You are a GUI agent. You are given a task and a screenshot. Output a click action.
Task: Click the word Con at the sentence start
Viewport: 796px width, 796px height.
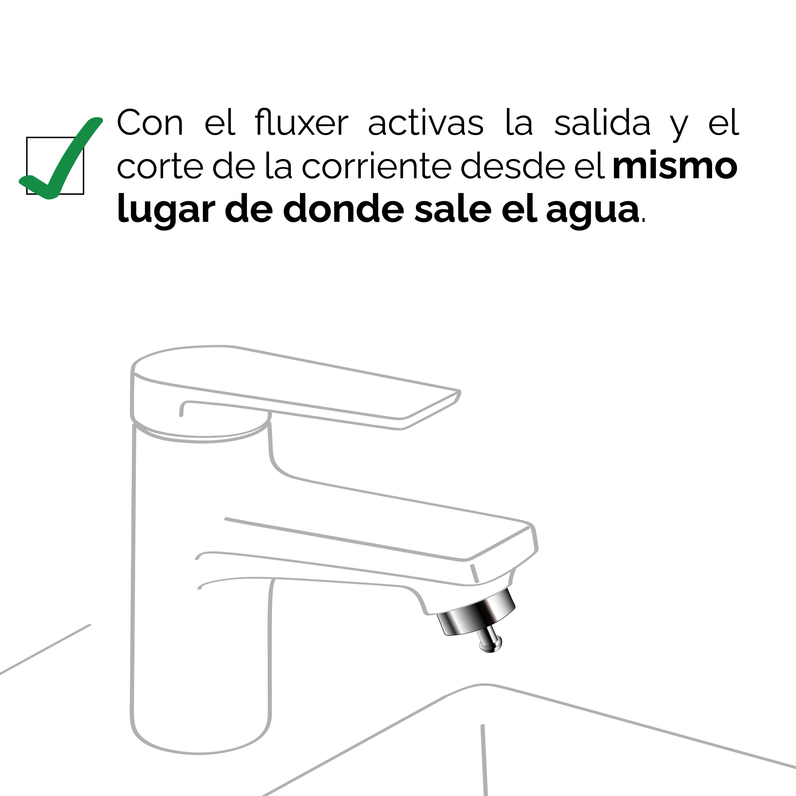pyautogui.click(x=150, y=122)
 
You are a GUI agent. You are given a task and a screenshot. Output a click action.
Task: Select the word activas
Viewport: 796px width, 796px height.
pyautogui.click(x=426, y=122)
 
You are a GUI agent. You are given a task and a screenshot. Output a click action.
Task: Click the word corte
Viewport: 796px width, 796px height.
pyautogui.click(x=160, y=167)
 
